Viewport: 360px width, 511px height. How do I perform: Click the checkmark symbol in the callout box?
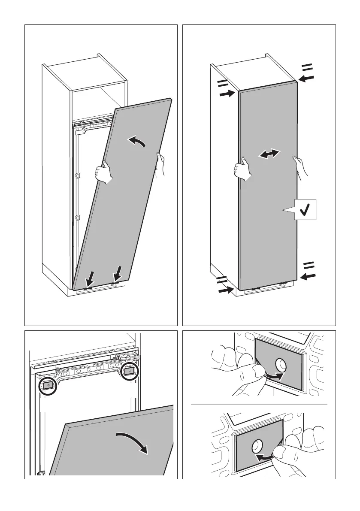[306, 210]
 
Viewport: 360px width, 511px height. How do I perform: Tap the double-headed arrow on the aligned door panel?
[270, 154]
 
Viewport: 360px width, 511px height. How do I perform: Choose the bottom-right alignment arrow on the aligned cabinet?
[307, 276]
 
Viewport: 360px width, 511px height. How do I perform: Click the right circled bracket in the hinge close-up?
[130, 371]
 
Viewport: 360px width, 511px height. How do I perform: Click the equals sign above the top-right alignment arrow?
[308, 67]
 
